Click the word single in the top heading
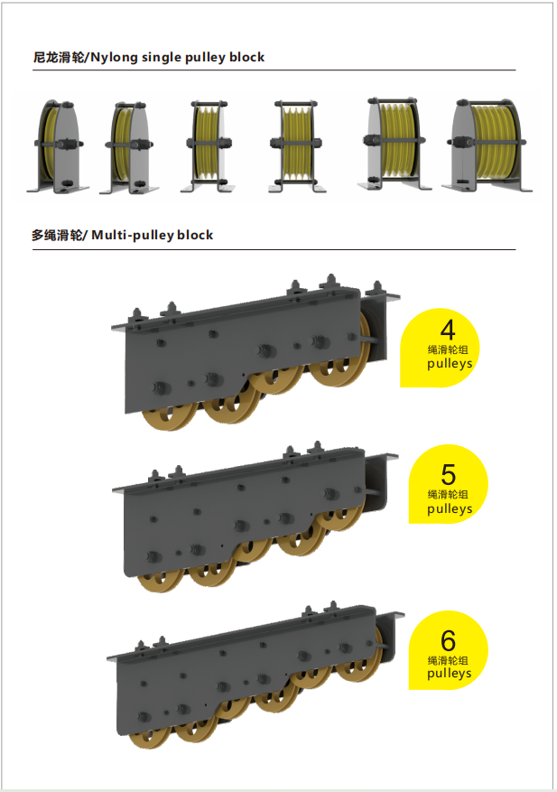click(x=158, y=57)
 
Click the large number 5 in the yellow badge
click(x=449, y=474)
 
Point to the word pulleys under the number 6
click(x=449, y=674)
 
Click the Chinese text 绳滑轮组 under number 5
click(x=449, y=495)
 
